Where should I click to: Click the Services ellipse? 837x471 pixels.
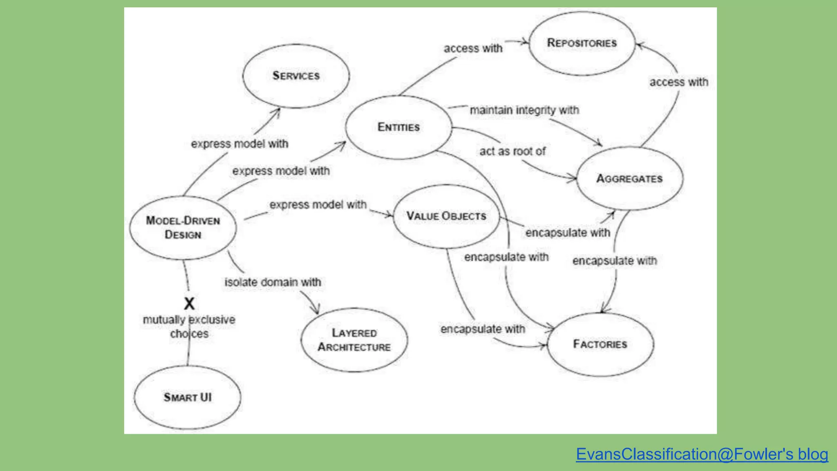tap(296, 76)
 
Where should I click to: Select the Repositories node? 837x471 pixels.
tap(582, 43)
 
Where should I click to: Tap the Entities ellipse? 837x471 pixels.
tap(398, 127)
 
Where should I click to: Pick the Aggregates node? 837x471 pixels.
tap(629, 179)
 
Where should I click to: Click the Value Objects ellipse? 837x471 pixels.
tap(446, 216)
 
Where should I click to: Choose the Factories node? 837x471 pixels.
tap(600, 344)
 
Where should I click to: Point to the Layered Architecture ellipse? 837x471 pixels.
tap(354, 340)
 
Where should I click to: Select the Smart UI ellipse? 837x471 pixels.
tap(188, 397)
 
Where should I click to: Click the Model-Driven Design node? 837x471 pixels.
tap(183, 228)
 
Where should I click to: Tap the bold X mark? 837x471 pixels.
tap(189, 304)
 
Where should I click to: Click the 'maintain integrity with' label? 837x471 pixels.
tap(524, 110)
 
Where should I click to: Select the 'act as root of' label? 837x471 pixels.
tap(512, 152)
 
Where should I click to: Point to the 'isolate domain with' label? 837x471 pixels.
tap(273, 283)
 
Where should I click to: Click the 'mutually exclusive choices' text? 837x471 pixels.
tap(189, 327)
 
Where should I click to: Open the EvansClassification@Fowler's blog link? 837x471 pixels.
tap(702, 454)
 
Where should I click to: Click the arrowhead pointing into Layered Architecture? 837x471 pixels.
tap(316, 310)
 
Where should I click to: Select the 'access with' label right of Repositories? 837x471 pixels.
tap(679, 82)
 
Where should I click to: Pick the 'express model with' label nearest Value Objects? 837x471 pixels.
tap(318, 205)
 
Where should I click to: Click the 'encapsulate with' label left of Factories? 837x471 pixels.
tap(483, 329)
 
